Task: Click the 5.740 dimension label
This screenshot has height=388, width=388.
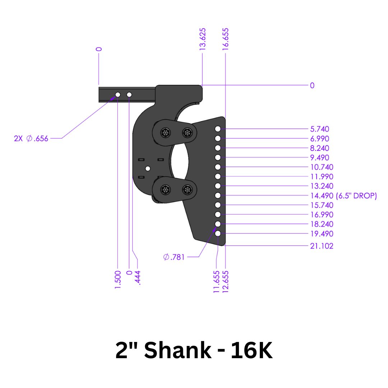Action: pos(319,129)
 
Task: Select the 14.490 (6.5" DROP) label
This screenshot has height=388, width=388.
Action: pos(343,196)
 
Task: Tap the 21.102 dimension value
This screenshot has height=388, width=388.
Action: pos(322,246)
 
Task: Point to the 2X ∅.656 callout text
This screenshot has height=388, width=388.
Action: pos(31,138)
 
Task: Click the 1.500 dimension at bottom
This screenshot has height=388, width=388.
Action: pos(118,278)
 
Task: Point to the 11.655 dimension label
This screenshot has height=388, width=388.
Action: pos(217,282)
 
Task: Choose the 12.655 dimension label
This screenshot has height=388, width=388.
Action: pos(226,282)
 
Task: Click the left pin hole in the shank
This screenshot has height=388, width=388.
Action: pos(117,94)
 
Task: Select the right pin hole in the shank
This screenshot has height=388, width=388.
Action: pos(129,94)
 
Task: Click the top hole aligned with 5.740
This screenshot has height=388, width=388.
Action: pos(218,129)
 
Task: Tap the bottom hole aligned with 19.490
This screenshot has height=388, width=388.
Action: pos(218,234)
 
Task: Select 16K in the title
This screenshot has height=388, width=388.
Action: pos(251,351)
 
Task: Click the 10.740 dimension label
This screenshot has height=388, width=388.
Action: pos(322,167)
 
